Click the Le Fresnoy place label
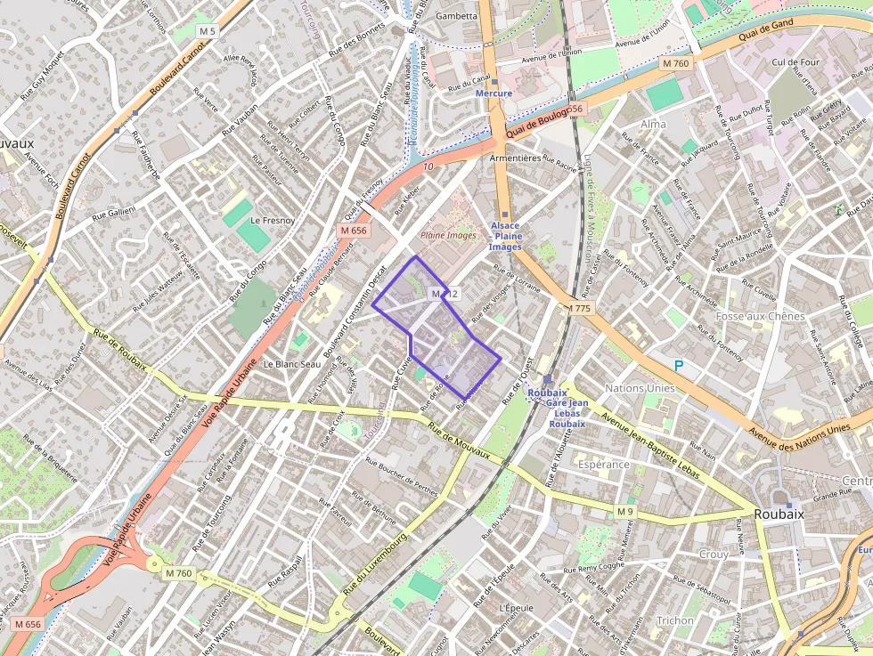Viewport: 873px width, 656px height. coord(266,219)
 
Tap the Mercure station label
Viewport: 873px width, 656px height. coord(494,93)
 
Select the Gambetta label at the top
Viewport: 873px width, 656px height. coord(456,16)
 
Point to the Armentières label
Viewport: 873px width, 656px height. coord(515,158)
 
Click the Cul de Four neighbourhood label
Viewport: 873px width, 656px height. coord(795,62)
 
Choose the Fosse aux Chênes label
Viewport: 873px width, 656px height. coord(760,316)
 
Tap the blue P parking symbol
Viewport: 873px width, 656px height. coord(678,365)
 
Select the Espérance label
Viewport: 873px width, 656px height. coord(604,465)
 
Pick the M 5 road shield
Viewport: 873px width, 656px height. coord(208,31)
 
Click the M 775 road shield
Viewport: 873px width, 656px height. coord(580,308)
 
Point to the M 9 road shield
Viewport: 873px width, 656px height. coord(624,511)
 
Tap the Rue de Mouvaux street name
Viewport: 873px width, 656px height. coord(459,441)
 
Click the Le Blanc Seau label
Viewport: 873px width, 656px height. coord(291,364)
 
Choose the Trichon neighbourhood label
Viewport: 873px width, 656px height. coord(674,620)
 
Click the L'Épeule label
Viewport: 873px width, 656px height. coord(516,607)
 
